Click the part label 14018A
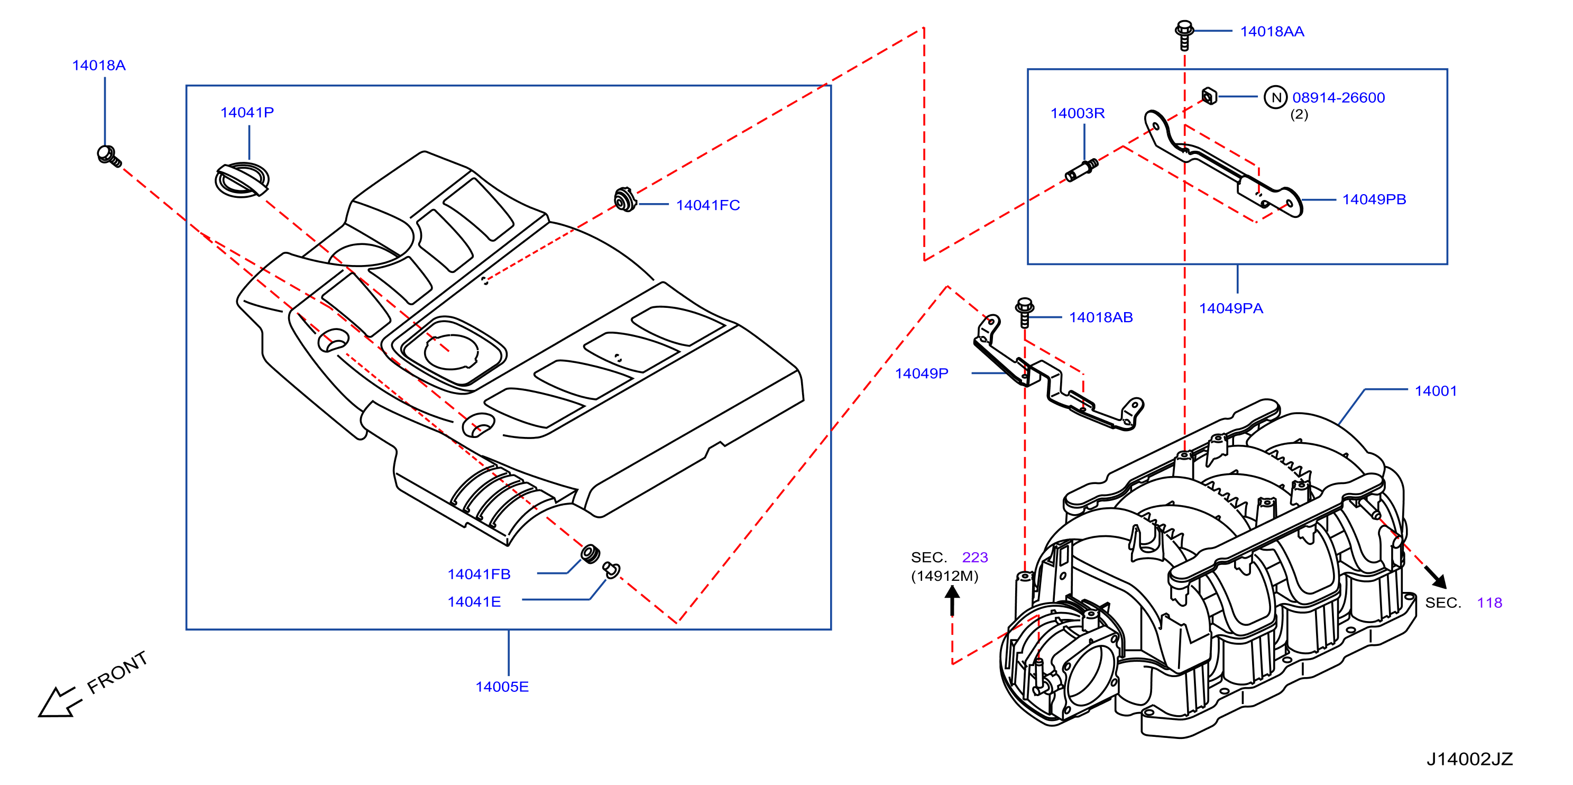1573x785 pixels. pos(99,66)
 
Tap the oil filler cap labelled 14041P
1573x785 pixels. pos(242,180)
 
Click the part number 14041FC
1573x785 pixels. pos(708,205)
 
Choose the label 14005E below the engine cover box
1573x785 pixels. pos(502,687)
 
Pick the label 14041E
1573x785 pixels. pos(474,602)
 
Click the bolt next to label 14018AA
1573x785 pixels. pos(1184,35)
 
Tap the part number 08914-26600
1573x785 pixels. pos(1339,98)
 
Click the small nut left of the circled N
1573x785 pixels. pos(1209,96)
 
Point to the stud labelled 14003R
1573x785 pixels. pos(1081,170)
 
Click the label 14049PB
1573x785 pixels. pos(1374,200)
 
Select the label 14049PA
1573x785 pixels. pos(1231,308)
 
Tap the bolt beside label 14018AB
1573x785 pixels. pos(1024,312)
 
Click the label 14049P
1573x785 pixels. pos(922,373)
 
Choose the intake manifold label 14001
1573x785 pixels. pos(1436,391)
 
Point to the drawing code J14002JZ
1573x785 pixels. pos(1469,759)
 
